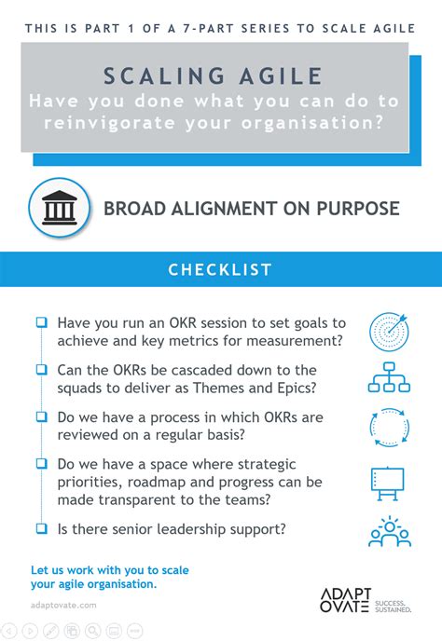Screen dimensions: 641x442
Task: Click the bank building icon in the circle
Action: pos(61,208)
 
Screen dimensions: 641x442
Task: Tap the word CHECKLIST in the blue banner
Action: pos(220,270)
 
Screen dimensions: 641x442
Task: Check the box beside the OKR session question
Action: pos(42,322)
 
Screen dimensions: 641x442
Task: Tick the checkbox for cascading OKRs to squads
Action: pos(42,369)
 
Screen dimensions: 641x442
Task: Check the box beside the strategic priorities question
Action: pos(42,462)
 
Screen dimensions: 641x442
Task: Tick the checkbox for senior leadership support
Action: pos(42,527)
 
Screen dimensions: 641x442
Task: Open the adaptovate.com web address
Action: pos(63,605)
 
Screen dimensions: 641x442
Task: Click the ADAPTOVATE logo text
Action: pos(347,602)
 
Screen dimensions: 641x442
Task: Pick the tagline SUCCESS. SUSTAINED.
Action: pos(396,602)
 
